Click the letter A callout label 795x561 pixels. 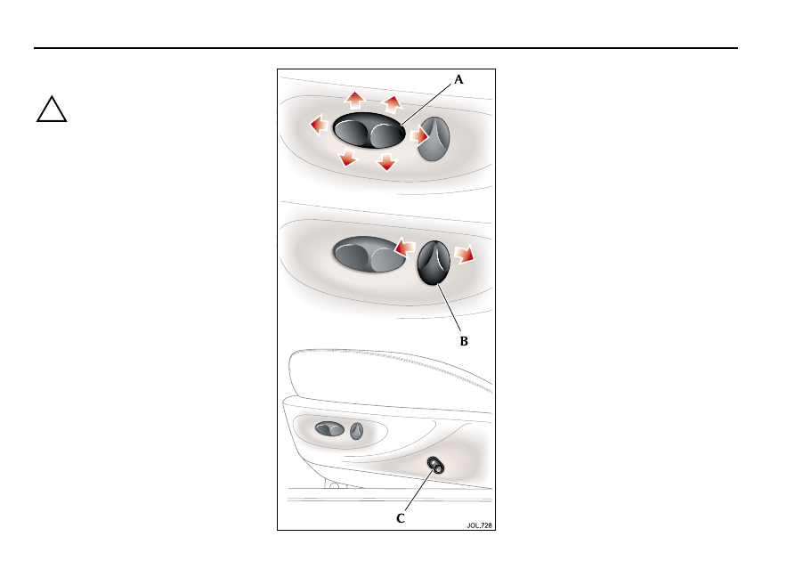pos(458,79)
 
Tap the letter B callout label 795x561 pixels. pos(464,341)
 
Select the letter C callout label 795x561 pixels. pos(401,518)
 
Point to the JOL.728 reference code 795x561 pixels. pos(479,525)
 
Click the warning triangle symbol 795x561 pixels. pos(52,109)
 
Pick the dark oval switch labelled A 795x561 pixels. pos(369,131)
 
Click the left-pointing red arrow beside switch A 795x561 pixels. pos(319,125)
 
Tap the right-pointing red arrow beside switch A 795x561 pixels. pos(419,136)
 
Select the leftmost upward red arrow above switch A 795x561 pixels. pos(355,100)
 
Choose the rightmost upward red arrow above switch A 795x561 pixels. pos(393,104)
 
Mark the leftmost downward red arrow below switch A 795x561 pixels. pos(347,158)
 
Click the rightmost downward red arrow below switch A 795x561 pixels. pos(386,162)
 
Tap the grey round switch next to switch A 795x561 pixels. pos(434,139)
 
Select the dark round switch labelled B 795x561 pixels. pos(434,263)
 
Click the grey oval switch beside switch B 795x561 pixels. pos(369,255)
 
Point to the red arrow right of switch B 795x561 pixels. pos(465,255)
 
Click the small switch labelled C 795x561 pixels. pos(435,465)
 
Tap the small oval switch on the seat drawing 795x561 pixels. pos(329,429)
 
